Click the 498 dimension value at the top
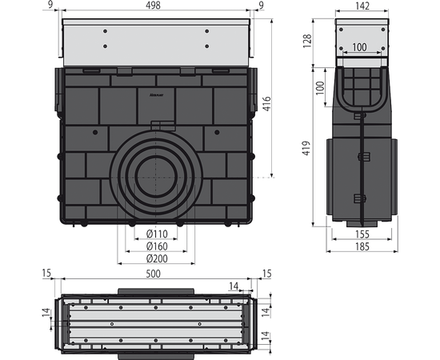[154, 5]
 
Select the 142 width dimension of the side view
[362, 6]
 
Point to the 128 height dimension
[307, 41]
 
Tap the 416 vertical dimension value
[267, 104]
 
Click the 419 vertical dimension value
[306, 148]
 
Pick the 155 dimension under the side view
[362, 234]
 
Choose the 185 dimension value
[362, 246]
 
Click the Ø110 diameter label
[157, 234]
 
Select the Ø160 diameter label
[157, 246]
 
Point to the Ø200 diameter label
[157, 258]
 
